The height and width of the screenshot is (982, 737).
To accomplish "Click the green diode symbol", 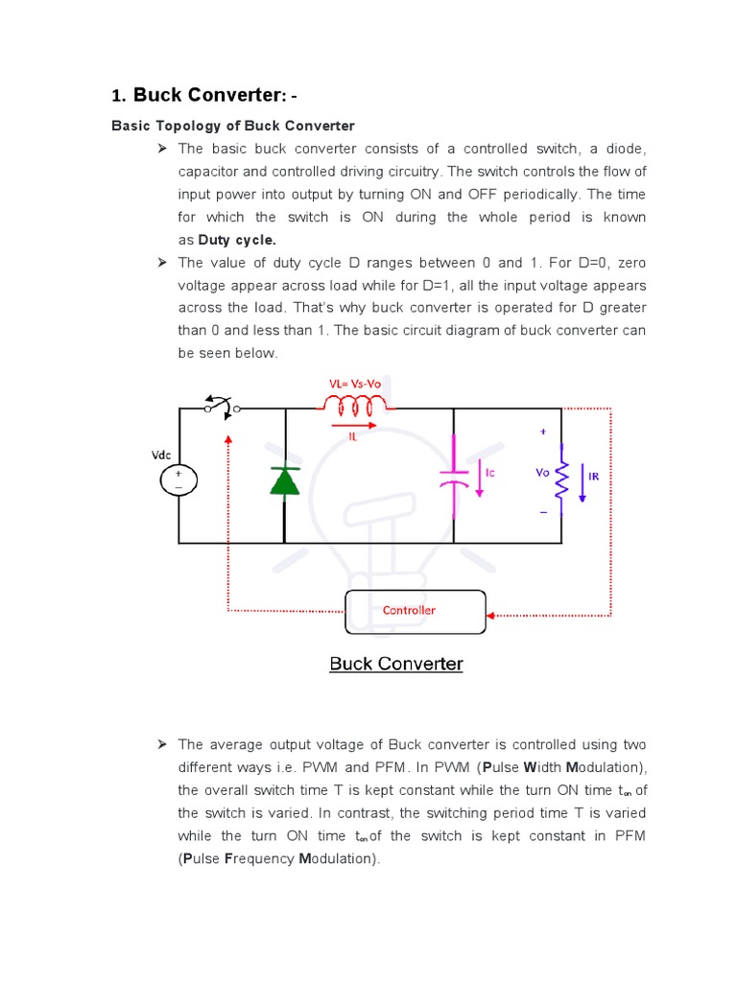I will (x=285, y=480).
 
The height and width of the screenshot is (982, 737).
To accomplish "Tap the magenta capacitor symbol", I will (x=452, y=477).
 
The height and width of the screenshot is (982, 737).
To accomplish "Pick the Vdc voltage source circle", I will (x=178, y=480).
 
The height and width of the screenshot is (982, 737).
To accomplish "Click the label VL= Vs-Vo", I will (x=361, y=384).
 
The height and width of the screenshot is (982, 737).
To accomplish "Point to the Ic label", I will (x=490, y=473).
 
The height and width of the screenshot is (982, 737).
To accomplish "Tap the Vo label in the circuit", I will (x=543, y=473).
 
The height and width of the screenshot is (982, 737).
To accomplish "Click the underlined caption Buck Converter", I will (x=396, y=664).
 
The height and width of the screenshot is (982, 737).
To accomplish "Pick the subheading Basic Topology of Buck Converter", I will (x=233, y=126).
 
